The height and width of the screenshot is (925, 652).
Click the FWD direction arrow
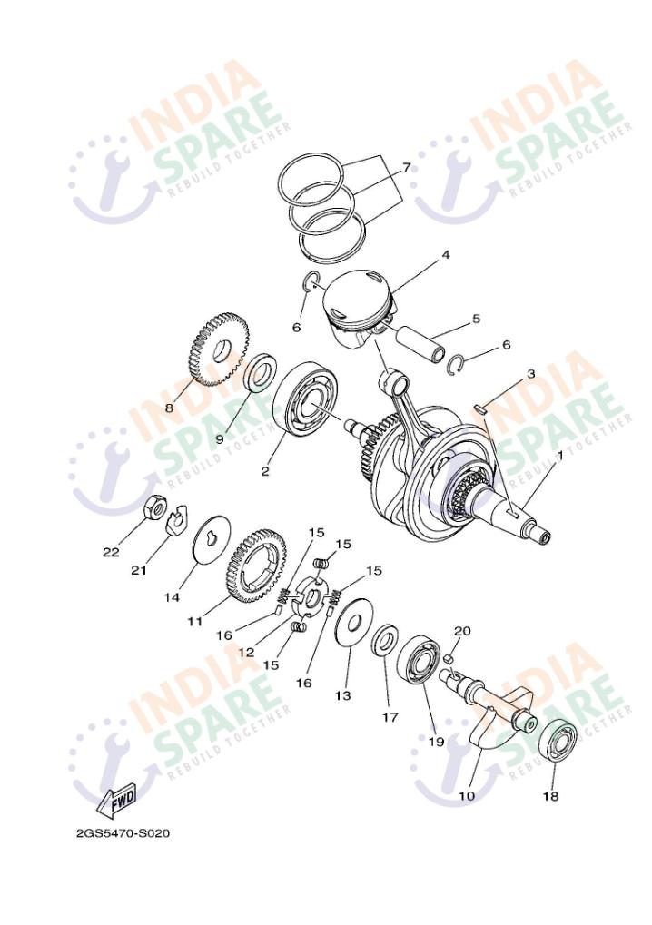click(117, 801)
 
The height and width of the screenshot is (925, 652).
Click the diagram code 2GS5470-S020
click(123, 833)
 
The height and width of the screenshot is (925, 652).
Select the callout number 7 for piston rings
click(406, 168)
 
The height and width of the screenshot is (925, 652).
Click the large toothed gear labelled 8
click(219, 351)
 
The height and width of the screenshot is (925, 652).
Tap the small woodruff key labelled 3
click(481, 408)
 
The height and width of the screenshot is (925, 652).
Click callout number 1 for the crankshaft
click(559, 456)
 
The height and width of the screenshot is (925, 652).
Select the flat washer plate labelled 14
click(213, 540)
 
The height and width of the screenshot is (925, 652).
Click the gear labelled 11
click(258, 567)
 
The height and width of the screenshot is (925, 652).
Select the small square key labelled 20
click(449, 659)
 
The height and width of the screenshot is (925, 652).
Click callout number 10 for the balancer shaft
click(466, 796)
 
